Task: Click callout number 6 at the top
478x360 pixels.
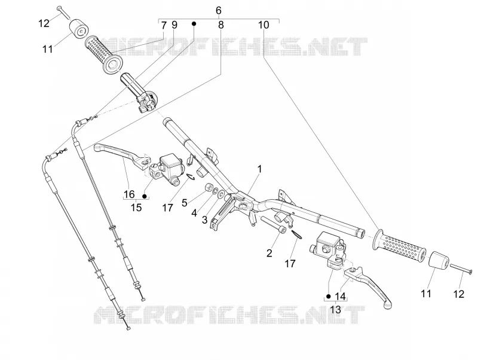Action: pos(218,10)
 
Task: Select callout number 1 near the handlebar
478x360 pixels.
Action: pos(259,169)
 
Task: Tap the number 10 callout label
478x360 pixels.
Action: pos(263,25)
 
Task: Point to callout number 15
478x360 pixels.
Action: pos(136,208)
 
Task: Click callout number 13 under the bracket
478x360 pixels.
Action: pos(335,310)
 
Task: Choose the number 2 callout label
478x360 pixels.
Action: pos(269,253)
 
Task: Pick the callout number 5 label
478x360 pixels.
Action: pos(185,202)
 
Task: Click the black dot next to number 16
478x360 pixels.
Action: pos(145,196)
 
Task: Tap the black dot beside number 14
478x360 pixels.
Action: pos(328,296)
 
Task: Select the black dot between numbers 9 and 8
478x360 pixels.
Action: pos(193,23)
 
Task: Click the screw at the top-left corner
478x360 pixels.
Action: pos(63,12)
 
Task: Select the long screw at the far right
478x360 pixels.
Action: pos(461,268)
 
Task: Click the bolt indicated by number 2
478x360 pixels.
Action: pos(273,224)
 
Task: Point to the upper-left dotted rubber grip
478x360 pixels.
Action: pos(103,55)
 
